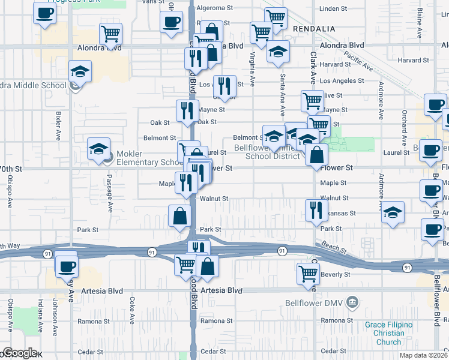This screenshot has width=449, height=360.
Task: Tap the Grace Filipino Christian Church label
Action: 388,334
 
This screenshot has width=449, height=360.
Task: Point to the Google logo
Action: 19,353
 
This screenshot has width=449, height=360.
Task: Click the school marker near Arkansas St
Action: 393,212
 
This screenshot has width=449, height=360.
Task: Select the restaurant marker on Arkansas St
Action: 314,211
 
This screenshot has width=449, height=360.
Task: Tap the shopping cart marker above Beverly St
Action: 308,273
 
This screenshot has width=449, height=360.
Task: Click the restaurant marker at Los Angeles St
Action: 224,86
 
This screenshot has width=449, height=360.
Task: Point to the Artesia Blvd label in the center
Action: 221,290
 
